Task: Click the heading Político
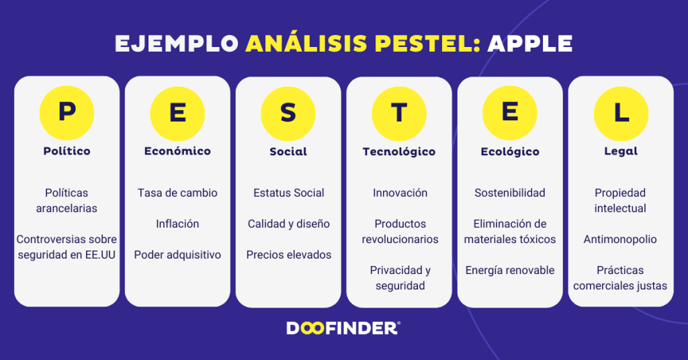[x=67, y=151]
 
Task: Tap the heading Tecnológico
[x=399, y=152]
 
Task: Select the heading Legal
[x=621, y=152]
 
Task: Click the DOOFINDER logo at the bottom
[x=343, y=328]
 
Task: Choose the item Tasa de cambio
[x=177, y=193]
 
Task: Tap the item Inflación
[x=177, y=224]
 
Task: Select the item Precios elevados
[x=288, y=255]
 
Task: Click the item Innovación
[x=400, y=193]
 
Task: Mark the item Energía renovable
[x=510, y=270]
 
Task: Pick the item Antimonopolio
[x=620, y=239]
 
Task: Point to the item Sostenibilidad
[x=510, y=193]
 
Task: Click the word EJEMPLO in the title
[x=177, y=44]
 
